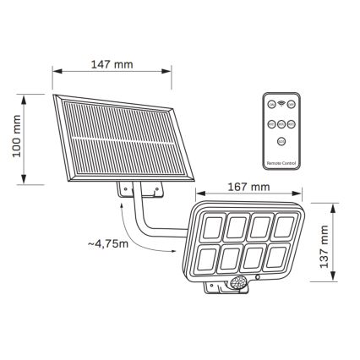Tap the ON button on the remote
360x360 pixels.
click(292, 103)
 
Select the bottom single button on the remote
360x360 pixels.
click(281, 139)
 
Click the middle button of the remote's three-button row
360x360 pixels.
click(281, 123)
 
